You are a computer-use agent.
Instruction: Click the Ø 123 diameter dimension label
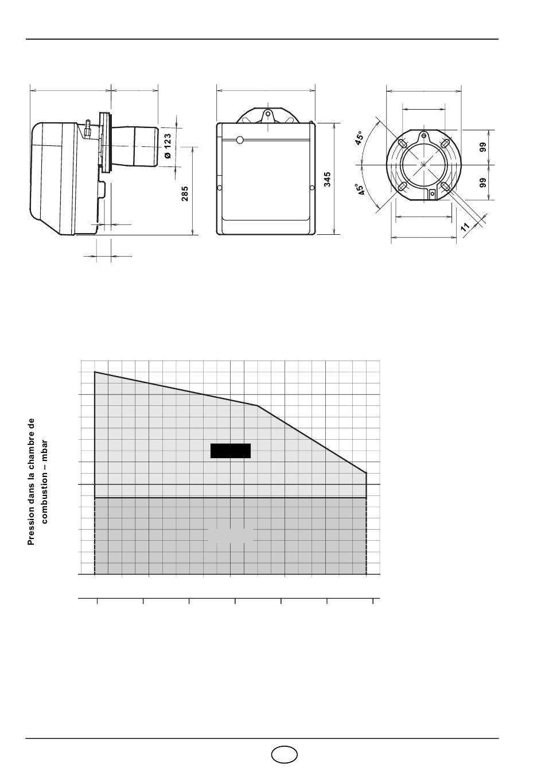(168, 146)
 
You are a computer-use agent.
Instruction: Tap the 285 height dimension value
(185, 194)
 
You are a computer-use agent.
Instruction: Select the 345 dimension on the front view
(327, 179)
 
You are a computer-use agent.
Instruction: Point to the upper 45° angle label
(359, 138)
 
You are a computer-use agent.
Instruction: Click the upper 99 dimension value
(483, 147)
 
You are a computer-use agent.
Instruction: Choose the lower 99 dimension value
(483, 183)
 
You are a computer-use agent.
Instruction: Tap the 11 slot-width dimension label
(465, 227)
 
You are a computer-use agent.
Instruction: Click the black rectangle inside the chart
(231, 451)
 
